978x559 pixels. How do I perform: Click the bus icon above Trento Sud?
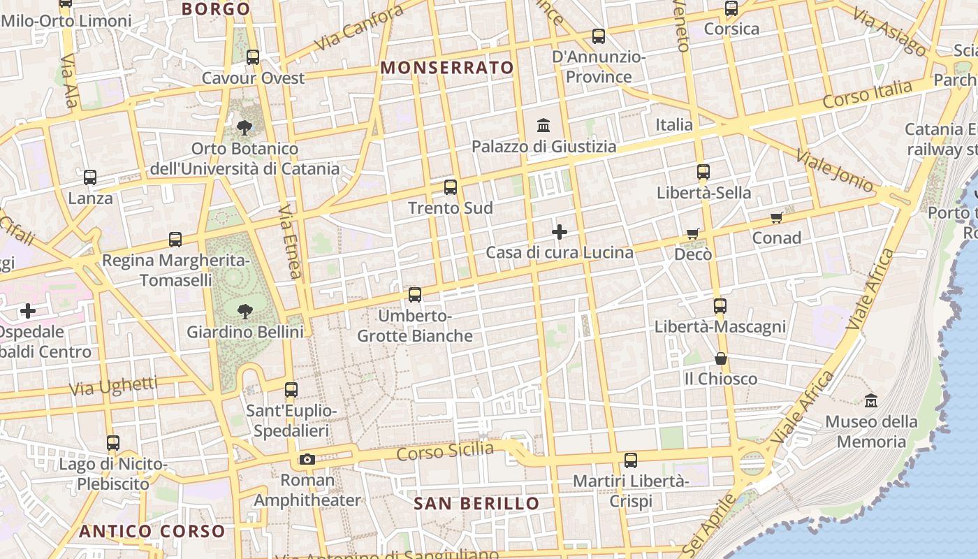click(451, 187)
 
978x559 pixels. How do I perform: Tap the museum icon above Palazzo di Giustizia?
click(543, 126)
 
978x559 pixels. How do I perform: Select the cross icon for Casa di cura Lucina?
click(560, 232)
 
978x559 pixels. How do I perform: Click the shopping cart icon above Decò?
click(692, 233)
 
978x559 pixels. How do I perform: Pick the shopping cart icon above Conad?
click(776, 218)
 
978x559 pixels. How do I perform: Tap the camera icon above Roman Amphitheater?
click(307, 459)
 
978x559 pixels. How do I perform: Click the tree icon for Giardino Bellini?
click(245, 311)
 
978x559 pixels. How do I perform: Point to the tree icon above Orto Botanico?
click(245, 128)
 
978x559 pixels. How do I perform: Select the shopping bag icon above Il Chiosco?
click(721, 358)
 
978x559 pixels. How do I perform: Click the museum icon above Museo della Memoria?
click(871, 401)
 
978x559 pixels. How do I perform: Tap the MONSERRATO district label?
click(447, 68)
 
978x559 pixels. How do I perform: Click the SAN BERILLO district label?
click(476, 504)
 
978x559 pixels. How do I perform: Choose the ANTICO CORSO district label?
click(152, 531)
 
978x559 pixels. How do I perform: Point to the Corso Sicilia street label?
click(445, 451)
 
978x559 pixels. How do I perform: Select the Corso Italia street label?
click(867, 94)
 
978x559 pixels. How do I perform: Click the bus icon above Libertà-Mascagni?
click(720, 306)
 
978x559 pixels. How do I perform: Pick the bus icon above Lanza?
click(90, 177)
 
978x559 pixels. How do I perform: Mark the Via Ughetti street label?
click(115, 386)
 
